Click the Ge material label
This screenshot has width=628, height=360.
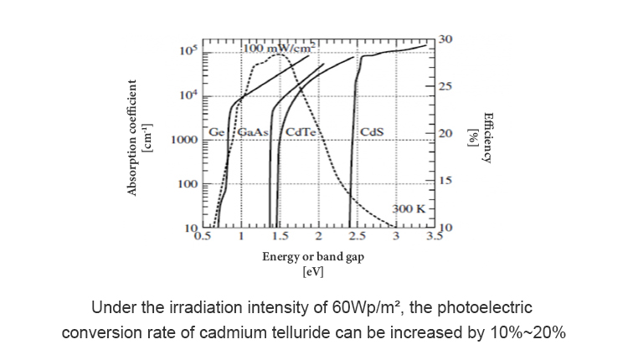(217, 131)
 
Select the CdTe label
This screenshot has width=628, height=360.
(299, 131)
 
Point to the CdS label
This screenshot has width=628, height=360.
(371, 131)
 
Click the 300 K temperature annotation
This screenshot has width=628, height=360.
(409, 207)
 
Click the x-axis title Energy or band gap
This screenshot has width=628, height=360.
(313, 258)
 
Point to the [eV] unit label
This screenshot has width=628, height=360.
(313, 272)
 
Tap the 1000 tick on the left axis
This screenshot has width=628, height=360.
(184, 140)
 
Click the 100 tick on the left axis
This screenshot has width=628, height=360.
(188, 183)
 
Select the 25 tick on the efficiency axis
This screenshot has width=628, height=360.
(445, 87)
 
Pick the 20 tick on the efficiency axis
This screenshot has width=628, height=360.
(445, 134)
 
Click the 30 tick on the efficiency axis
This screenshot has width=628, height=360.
(445, 39)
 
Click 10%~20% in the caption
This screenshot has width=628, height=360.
(523, 332)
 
